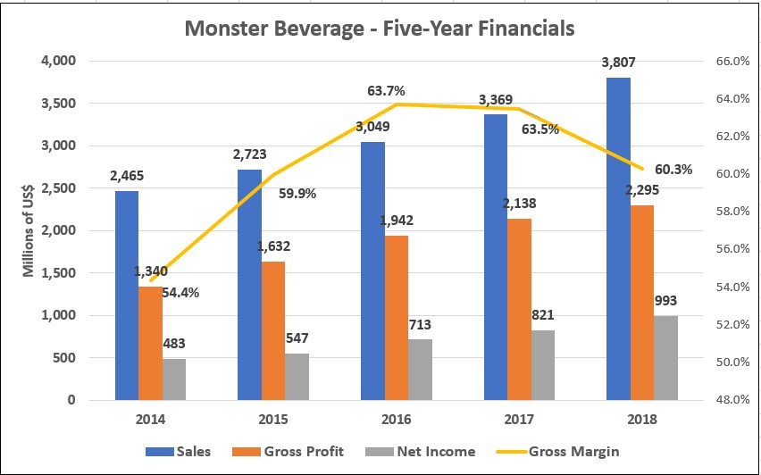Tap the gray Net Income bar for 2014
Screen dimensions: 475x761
(174, 379)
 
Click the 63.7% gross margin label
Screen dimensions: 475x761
(386, 90)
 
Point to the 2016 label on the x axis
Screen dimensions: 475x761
(396, 417)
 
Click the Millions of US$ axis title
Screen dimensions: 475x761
(29, 229)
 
